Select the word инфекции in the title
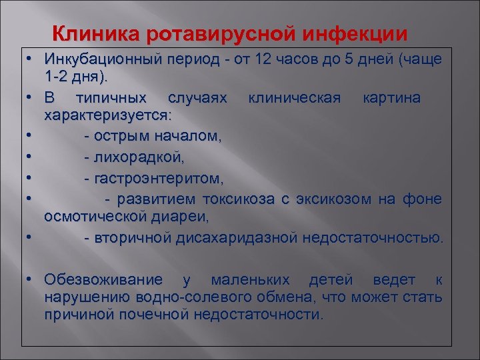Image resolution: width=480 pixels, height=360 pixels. (356, 33)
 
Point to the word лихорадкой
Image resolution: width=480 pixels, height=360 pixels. (137, 158)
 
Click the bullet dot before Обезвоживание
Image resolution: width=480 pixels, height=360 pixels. (31, 279)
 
